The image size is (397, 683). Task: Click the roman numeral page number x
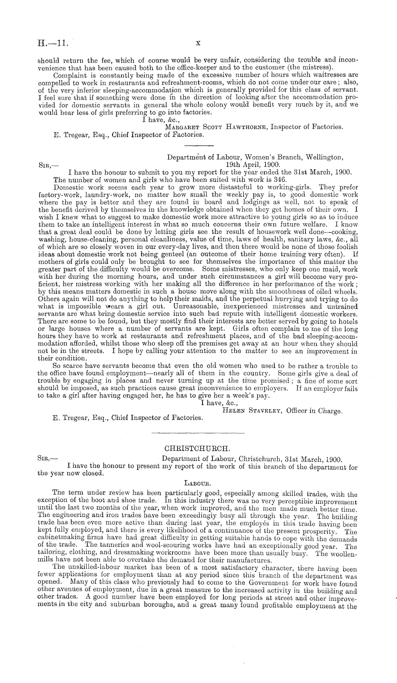[x=198, y=43]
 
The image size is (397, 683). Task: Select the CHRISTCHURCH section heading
[x=198, y=448]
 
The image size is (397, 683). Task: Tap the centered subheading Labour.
[x=198, y=483]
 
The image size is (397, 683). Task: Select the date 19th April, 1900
[x=253, y=165]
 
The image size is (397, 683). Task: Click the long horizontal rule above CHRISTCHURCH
[x=198, y=433]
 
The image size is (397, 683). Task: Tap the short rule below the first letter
[x=199, y=145]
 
